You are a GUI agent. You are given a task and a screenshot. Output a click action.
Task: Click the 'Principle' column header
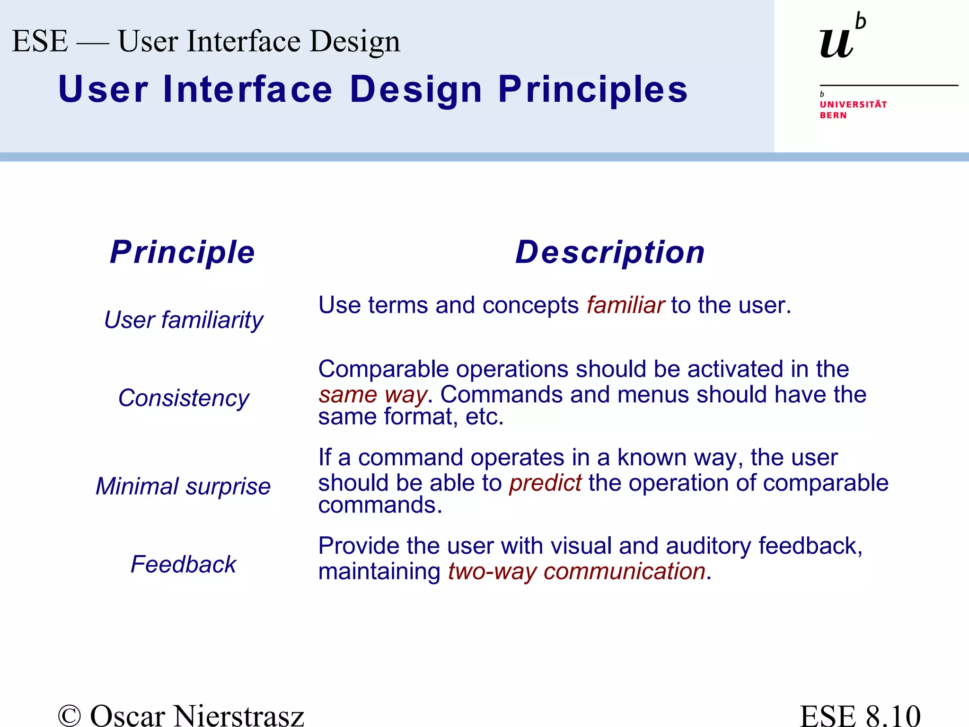[182, 252]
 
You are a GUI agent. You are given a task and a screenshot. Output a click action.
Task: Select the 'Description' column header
[610, 252]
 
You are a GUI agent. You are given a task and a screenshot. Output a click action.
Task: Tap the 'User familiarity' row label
[184, 320]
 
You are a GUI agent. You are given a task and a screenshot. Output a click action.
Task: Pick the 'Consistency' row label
[184, 398]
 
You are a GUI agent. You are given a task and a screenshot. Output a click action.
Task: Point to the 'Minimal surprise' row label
[183, 487]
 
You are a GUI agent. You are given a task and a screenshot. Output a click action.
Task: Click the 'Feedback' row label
[183, 565]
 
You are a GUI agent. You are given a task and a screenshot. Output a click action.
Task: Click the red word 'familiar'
[625, 305]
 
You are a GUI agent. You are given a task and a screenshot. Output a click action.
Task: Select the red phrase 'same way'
[372, 395]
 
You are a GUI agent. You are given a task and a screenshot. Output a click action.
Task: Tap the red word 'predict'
[545, 483]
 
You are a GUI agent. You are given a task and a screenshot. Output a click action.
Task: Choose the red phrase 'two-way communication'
[577, 571]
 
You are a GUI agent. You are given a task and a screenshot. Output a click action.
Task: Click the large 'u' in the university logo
[837, 43]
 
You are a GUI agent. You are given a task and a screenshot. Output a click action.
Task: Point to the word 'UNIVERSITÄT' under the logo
[853, 105]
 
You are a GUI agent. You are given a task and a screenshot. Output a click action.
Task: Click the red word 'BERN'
[833, 115]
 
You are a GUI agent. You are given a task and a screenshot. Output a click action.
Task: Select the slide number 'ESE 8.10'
[860, 715]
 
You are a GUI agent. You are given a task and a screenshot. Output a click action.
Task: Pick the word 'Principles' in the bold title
[593, 90]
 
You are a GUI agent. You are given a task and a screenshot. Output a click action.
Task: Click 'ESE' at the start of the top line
[40, 41]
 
